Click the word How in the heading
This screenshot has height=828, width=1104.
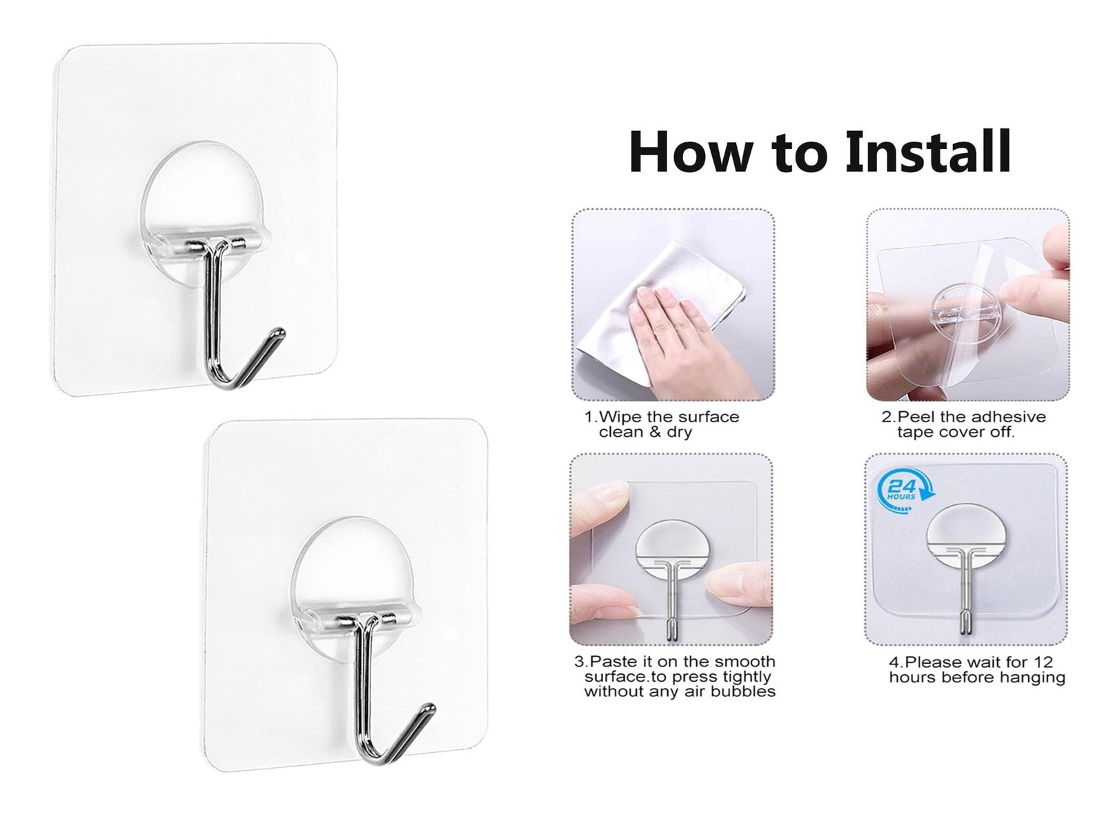690,151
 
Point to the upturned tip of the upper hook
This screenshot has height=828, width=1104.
279,333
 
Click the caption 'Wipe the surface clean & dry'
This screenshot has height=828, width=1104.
662,424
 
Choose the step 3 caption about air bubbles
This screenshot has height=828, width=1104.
675,676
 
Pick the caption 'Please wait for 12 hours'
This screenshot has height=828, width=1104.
977,669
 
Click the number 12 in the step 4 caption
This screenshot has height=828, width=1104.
1043,662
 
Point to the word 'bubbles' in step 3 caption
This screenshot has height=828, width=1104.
743,691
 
